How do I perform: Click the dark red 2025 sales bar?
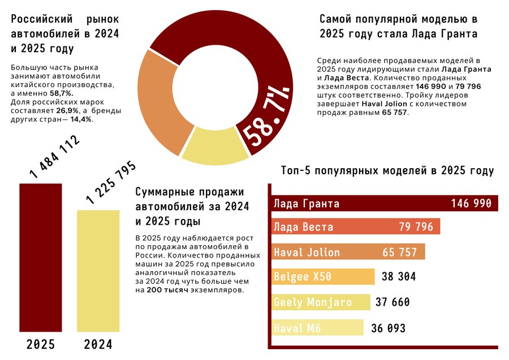pyautogui.click(x=41, y=258)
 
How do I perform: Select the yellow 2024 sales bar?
pyautogui.click(x=98, y=271)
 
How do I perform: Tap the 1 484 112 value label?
pyautogui.click(x=54, y=157)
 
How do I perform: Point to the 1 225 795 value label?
pyautogui.click(x=111, y=182)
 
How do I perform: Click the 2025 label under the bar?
pyautogui.click(x=41, y=344)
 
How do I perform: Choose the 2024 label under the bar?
pyautogui.click(x=98, y=344)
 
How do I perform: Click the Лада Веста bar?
pyautogui.click(x=356, y=226)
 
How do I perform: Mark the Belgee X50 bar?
pyautogui.click(x=323, y=277)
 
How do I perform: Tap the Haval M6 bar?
pyautogui.click(x=317, y=328)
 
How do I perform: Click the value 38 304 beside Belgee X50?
pyautogui.click(x=399, y=277)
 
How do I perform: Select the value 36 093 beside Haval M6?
pyautogui.click(x=388, y=328)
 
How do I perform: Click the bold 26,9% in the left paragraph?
pyautogui.click(x=67, y=111)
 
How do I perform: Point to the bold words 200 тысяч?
pyautogui.click(x=167, y=290)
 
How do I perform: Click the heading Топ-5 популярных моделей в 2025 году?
pyautogui.click(x=387, y=170)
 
